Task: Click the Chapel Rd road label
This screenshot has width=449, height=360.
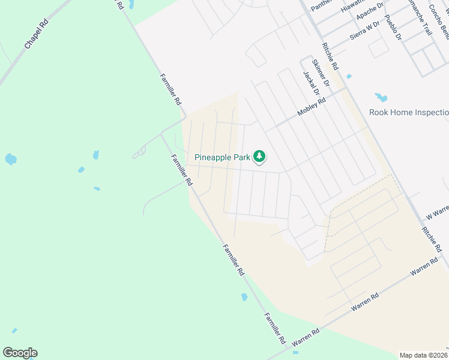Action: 35,37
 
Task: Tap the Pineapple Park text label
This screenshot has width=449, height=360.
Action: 222,157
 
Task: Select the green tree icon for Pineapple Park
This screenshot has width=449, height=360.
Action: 259,157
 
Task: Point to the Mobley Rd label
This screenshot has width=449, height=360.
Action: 312,108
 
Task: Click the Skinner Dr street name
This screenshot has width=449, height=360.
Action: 321,73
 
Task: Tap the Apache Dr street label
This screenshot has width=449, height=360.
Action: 369,11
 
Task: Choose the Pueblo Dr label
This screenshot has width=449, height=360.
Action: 393,28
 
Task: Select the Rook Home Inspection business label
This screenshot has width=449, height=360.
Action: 408,112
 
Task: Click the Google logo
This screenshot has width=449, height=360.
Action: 20,353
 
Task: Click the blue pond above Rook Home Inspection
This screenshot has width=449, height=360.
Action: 381,97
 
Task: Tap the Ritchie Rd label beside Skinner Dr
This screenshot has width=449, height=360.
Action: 330,56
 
